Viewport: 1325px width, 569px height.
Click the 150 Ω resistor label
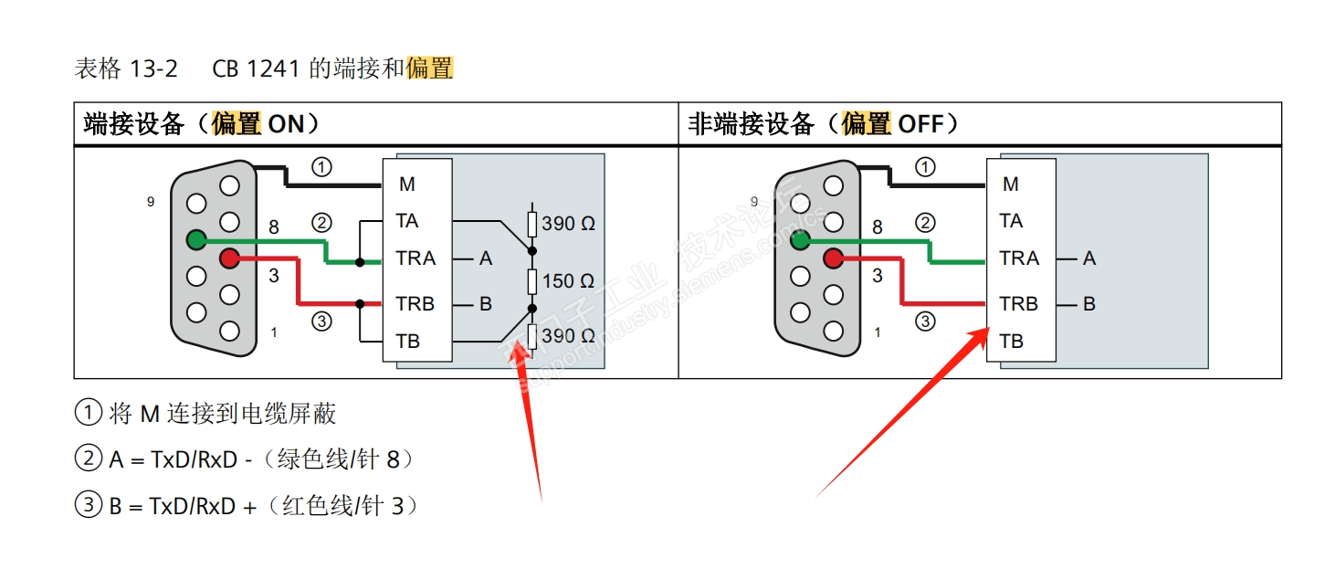tap(568, 280)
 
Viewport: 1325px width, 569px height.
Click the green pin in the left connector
tap(195, 239)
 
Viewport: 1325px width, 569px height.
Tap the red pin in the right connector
tap(833, 259)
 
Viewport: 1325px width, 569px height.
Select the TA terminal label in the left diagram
tap(407, 221)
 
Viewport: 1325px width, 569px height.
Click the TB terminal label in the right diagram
tap(1011, 342)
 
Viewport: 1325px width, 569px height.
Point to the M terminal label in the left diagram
tap(407, 184)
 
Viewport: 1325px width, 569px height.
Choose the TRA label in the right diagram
tap(1019, 258)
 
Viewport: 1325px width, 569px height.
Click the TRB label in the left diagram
tap(415, 304)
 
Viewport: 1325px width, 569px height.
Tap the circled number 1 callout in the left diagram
tap(321, 167)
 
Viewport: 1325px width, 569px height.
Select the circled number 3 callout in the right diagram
tap(925, 321)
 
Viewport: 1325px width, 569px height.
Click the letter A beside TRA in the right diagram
tap(1088, 258)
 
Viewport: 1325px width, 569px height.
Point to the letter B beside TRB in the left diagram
tap(486, 304)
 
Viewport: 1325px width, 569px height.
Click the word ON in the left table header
tap(286, 124)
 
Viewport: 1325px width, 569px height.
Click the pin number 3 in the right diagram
tap(878, 275)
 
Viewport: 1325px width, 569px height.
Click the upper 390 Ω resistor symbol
tap(532, 224)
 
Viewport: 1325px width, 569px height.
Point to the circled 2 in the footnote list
tap(88, 458)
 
